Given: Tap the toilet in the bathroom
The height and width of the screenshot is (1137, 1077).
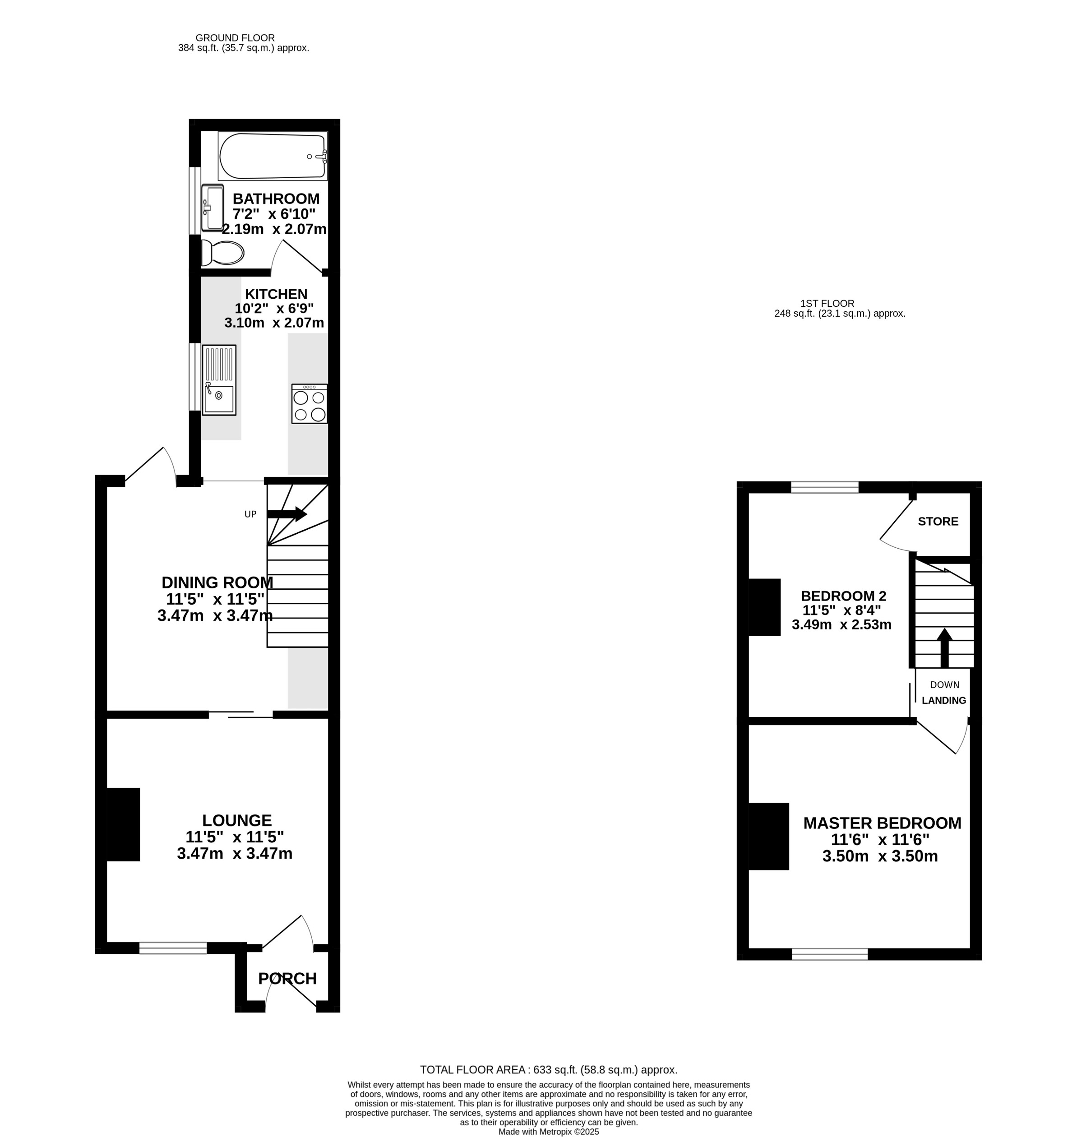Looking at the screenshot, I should tap(223, 253).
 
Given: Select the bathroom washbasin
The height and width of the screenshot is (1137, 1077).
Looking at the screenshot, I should tap(213, 208).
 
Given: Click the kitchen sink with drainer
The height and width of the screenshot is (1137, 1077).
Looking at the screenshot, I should tap(219, 380).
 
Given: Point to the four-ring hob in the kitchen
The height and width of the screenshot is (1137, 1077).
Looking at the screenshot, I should tap(310, 404).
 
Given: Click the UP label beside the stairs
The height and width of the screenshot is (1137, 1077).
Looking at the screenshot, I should tap(250, 514).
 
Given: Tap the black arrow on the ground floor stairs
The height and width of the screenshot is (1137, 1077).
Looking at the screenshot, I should tap(287, 514).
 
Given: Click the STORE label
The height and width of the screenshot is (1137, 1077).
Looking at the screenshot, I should tap(938, 521).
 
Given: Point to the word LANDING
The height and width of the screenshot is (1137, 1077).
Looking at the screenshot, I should tap(944, 700).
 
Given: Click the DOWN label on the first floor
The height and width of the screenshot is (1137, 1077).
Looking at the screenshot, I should tap(944, 685).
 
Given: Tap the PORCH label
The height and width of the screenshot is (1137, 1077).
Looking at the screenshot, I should tap(287, 979).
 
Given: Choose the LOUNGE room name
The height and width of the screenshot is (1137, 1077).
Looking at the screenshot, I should tap(236, 820).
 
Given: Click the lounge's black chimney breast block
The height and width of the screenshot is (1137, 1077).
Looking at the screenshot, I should tap(124, 824).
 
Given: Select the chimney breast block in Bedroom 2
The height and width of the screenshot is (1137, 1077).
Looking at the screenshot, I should tap(765, 607).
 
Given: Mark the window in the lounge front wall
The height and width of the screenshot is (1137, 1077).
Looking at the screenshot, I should tap(173, 947).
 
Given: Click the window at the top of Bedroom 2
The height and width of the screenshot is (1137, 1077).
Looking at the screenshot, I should tap(824, 487).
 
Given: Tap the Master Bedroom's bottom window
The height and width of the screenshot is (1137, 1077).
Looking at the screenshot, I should tap(830, 954).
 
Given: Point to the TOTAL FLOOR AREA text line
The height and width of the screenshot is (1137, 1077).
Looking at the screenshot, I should tap(548, 1070).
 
